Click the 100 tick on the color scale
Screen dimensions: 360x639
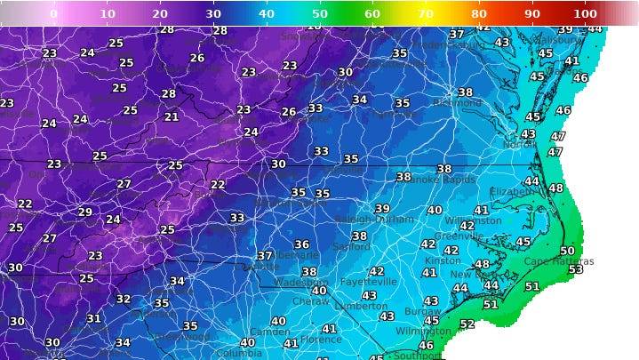coord(585,13)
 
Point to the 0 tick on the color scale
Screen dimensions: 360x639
coord(53,13)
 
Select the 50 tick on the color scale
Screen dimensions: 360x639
coord(319,13)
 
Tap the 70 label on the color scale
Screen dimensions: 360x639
coord(426,13)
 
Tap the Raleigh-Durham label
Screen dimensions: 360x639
coord(374,219)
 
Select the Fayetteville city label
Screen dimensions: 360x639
coord(367,282)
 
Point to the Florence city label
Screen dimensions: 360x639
coord(321,340)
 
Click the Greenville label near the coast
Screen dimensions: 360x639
coord(459,236)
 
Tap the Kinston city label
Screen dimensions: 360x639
coord(443,260)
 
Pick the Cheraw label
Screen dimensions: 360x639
coord(311,301)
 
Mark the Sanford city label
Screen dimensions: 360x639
coord(352,246)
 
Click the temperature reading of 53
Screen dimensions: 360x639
coord(576,268)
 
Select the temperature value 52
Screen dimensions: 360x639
coord(467,324)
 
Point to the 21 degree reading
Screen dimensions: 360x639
coord(172,116)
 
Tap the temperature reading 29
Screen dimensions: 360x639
coord(85,212)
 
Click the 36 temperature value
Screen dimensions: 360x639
coord(302,244)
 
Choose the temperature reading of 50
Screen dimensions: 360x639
coord(567,251)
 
